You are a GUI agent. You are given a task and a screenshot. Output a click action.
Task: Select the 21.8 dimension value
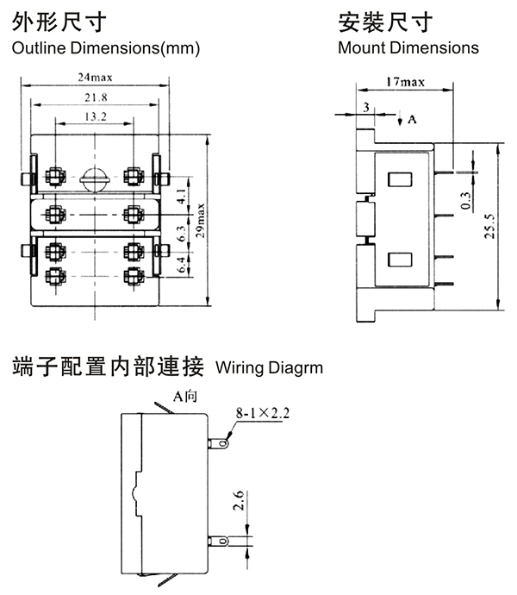point(94,98)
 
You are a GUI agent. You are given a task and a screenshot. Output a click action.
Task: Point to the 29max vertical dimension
point(200,222)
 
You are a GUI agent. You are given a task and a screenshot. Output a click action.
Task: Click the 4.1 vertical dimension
point(180,197)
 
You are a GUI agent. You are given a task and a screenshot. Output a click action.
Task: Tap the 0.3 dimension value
point(466,200)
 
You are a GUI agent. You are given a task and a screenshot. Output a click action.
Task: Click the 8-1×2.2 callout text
point(263,414)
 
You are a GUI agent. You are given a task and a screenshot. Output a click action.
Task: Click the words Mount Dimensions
point(408,48)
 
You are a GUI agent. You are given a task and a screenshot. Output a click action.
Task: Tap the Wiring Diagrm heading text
point(269,368)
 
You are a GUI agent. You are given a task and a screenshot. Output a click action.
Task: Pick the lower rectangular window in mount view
point(399,259)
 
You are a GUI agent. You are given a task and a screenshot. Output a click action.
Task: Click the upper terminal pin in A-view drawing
point(220,444)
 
